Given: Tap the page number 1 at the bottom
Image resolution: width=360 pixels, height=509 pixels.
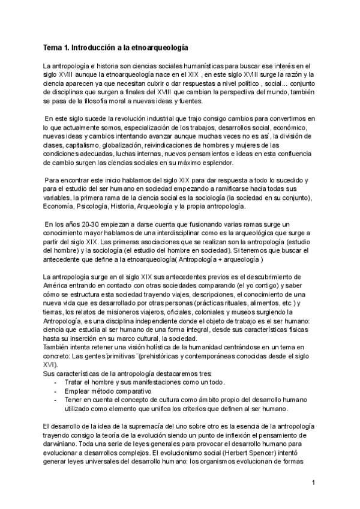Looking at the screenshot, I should [x=314, y=482].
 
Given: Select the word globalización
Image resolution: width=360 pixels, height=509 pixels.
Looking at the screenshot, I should [x=130, y=145].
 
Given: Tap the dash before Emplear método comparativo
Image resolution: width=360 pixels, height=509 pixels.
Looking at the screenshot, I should [x=56, y=391].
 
